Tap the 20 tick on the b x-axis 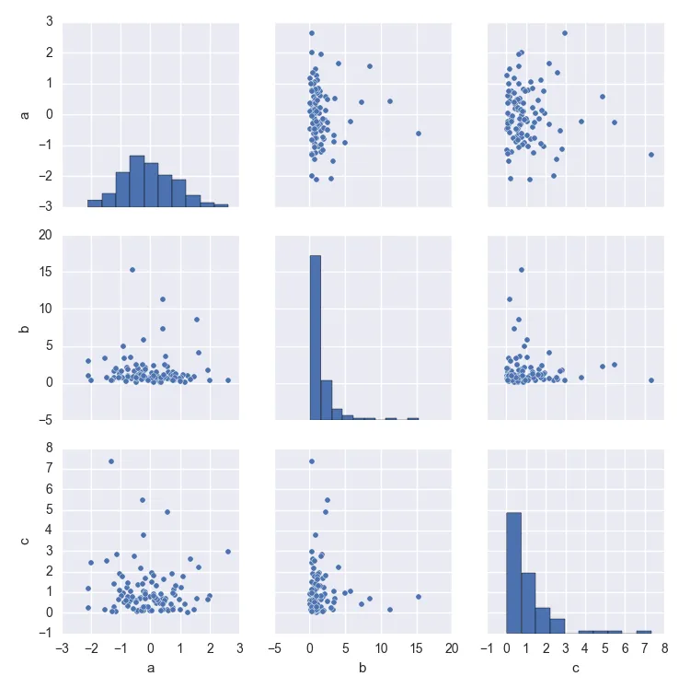[x=451, y=648]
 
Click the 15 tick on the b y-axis [x=45, y=272]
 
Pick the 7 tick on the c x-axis [x=644, y=648]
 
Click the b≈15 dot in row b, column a [x=132, y=270]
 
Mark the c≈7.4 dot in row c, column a [x=111, y=461]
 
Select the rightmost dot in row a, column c [x=650, y=155]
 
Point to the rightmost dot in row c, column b [x=418, y=597]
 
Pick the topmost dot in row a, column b [x=312, y=33]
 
